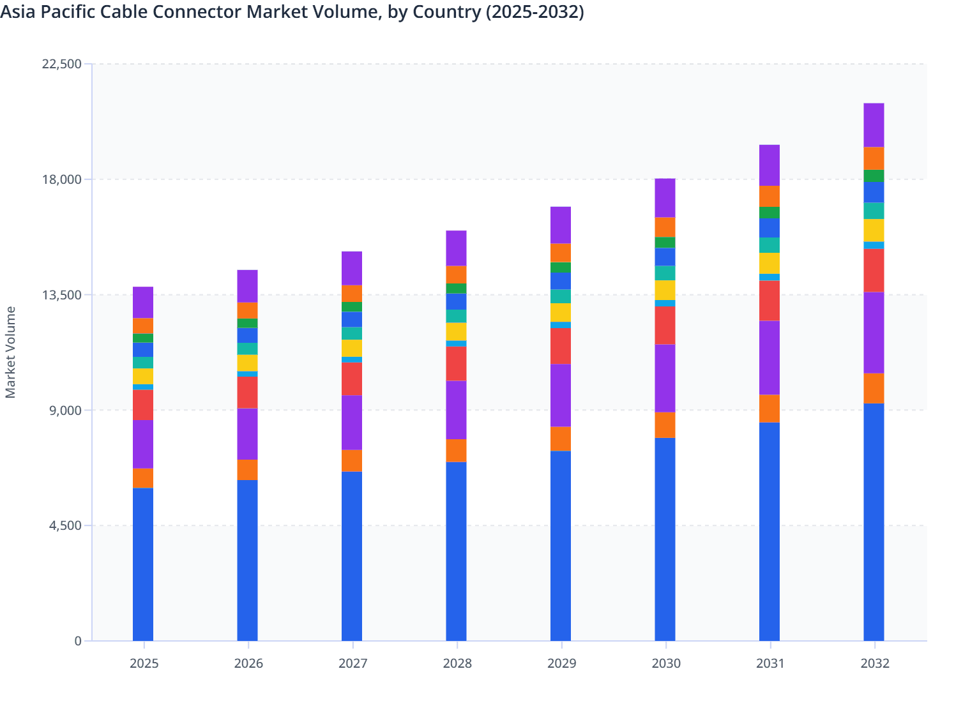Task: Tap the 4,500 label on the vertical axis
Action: [64, 526]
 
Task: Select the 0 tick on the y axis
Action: [78, 641]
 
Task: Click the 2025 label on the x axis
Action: [144, 663]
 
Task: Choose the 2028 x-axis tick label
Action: [457, 663]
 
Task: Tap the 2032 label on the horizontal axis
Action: [874, 663]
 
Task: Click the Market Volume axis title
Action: [11, 352]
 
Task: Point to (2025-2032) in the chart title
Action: [535, 12]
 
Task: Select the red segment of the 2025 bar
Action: [143, 405]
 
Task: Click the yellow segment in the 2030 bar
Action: [665, 290]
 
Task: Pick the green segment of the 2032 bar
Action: [874, 176]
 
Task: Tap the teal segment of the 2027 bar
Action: [352, 333]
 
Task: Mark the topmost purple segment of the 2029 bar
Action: [561, 225]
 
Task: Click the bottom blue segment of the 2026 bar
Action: [248, 560]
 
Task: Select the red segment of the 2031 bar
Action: [770, 301]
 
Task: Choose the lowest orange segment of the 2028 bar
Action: [456, 451]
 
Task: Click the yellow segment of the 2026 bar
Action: [248, 363]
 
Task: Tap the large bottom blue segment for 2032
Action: [874, 522]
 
